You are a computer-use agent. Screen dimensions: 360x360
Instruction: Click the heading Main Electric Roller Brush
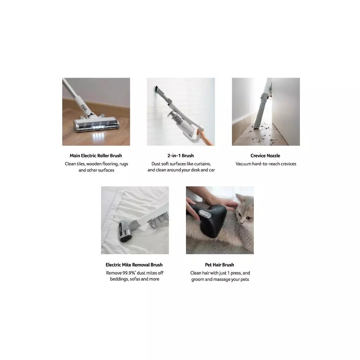(96, 156)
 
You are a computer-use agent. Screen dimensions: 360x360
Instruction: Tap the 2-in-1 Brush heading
(180, 156)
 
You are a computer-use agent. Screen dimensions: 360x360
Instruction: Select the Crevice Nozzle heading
(265, 156)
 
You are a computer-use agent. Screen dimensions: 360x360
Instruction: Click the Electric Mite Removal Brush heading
(134, 265)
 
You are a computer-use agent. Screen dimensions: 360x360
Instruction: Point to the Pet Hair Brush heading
(219, 265)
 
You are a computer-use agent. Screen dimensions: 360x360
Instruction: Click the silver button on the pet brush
(205, 214)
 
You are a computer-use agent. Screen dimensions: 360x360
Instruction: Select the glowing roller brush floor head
(96, 124)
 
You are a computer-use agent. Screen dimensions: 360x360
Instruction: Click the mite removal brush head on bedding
(125, 231)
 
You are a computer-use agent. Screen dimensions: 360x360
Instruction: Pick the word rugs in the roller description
(124, 164)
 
